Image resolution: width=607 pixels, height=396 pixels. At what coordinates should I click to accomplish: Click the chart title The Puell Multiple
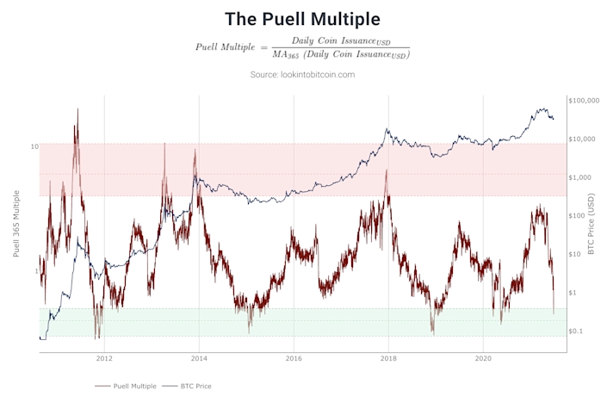click(303, 18)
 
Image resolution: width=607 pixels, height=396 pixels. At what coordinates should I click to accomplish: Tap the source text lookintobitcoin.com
click(302, 75)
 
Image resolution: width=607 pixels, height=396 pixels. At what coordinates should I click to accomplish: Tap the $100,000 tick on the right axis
click(588, 101)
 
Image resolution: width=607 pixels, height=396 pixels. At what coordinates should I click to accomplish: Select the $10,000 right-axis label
click(586, 139)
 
